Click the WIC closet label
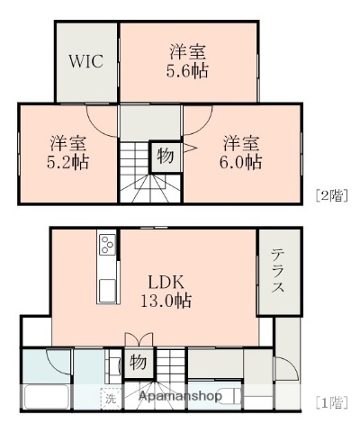pyautogui.click(x=86, y=62)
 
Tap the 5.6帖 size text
pyautogui.click(x=188, y=71)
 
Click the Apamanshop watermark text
pyautogui.click(x=180, y=396)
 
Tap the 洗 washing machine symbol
pyautogui.click(x=110, y=396)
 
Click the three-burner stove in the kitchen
pyautogui.click(x=106, y=244)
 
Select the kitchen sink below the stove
pyautogui.click(x=106, y=290)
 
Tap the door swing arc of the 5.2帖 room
pyautogui.click(x=102, y=122)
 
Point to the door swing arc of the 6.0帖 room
pyautogui.click(x=200, y=120)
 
